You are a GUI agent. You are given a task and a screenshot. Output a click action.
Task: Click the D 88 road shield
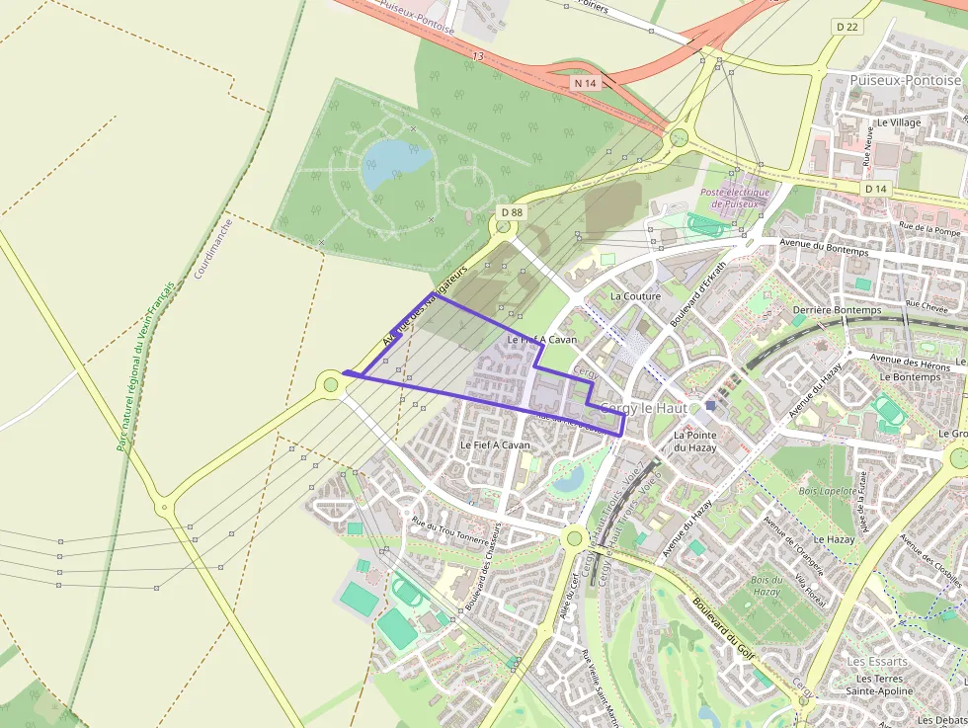[510, 212]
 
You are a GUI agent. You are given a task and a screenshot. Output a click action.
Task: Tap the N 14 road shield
[586, 84]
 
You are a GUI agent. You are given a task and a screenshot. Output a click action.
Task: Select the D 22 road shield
[846, 27]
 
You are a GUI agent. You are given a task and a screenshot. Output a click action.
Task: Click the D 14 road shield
[875, 188]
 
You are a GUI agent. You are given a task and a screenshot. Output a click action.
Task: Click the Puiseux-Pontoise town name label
[905, 80]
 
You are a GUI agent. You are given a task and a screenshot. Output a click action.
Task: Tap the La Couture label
[635, 295]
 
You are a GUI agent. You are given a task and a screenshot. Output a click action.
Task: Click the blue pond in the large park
[395, 160]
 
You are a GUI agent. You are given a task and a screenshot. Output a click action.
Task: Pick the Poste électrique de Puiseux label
[734, 198]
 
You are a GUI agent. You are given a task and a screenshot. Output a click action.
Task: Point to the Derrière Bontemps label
[836, 310]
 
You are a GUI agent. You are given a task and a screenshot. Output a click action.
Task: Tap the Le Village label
[898, 122]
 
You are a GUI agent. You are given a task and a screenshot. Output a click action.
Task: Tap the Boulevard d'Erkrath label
[697, 292]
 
